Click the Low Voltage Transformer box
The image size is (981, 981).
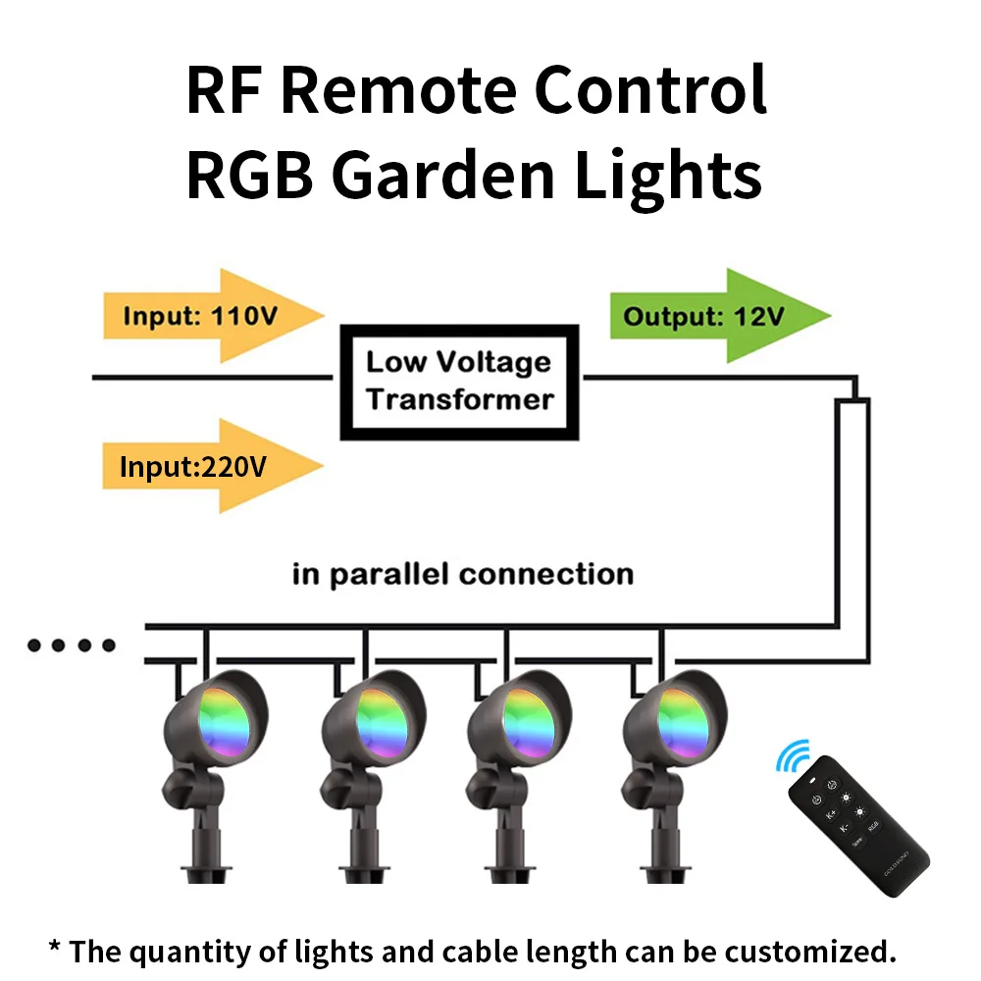460,382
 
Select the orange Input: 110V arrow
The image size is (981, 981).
211,316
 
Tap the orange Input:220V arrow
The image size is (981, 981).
211,466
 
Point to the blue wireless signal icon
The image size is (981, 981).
793,756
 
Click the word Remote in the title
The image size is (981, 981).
408,91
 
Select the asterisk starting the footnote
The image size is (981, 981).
56,947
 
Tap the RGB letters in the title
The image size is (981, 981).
249,175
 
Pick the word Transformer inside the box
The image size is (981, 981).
460,399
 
